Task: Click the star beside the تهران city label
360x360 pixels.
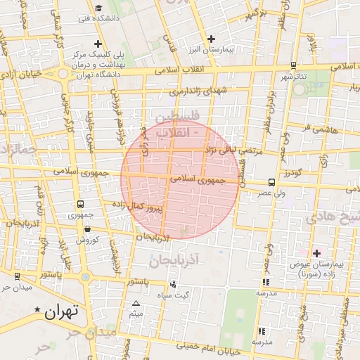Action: click(37, 309)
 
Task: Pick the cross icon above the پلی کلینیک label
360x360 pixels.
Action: click(98, 44)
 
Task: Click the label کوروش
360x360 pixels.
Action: click(83, 240)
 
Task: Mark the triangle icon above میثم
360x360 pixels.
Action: click(136, 304)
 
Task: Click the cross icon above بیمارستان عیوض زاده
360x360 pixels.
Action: click(316, 252)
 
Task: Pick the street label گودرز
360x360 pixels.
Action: click(291, 172)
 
